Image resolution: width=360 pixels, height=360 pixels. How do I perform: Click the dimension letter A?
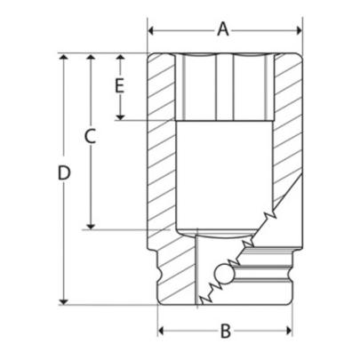coord(223,29)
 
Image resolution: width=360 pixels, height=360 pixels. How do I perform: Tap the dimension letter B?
coord(225,332)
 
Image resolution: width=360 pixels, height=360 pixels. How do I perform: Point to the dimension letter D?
coord(63,174)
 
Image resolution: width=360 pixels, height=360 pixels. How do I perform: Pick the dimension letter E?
coord(118,86)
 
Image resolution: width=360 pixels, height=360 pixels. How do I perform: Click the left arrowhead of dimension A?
coord(152,29)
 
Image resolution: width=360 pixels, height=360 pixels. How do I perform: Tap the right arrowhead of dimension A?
coord(295,29)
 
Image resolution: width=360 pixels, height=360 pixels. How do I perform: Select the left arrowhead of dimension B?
coord(164,332)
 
